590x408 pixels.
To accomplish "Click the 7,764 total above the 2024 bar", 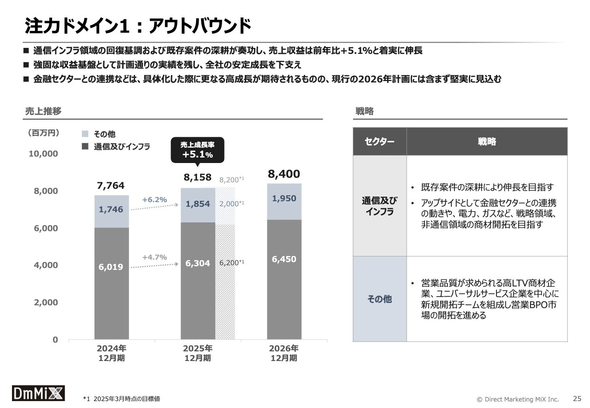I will (x=111, y=186).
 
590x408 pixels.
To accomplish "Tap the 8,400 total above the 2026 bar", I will (x=284, y=174).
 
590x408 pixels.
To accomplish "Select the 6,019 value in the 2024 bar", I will (x=111, y=267).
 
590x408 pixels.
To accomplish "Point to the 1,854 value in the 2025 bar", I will (x=198, y=204).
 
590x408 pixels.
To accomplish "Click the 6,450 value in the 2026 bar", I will (x=284, y=259).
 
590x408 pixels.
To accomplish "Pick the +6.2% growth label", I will (x=154, y=200).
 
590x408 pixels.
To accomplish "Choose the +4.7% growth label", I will (x=154, y=257).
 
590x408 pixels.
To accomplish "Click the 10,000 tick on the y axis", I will (x=43, y=154).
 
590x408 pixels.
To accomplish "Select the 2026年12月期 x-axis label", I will (x=284, y=353).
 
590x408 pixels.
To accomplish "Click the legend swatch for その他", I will (x=85, y=134).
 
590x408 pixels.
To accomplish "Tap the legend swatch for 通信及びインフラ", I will (x=85, y=147).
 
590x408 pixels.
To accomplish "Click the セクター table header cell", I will (x=379, y=141).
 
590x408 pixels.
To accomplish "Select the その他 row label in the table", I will (x=379, y=299).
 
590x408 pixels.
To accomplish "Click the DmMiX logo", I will (x=38, y=393).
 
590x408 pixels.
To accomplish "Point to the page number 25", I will (x=577, y=398).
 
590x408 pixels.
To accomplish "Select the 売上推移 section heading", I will (x=43, y=111).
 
